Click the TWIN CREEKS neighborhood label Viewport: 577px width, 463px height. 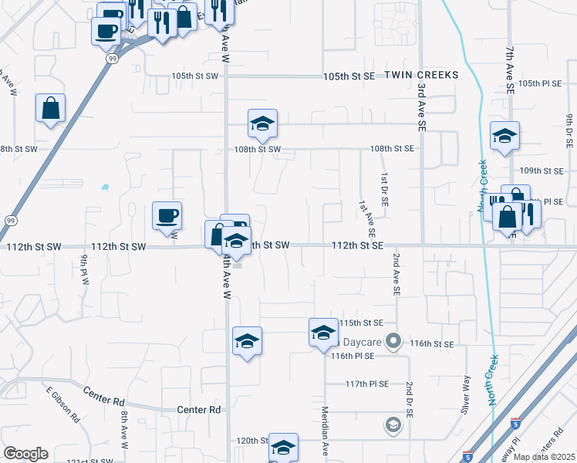click(421, 76)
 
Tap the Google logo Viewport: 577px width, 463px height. click(25, 453)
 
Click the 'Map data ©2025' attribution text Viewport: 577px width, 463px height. click(544, 457)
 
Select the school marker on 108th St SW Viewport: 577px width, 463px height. click(262, 125)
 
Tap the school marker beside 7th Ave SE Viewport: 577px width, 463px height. click(504, 137)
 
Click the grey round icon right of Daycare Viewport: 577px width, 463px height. click(394, 340)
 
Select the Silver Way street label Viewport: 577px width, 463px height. click(465, 395)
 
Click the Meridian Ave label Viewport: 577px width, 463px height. click(326, 433)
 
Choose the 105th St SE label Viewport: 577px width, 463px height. click(348, 76)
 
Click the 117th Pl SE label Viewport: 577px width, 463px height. click(365, 384)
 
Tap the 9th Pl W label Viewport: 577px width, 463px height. click(83, 269)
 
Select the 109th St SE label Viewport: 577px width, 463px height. click(542, 171)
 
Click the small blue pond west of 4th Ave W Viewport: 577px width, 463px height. click(105, 187)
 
